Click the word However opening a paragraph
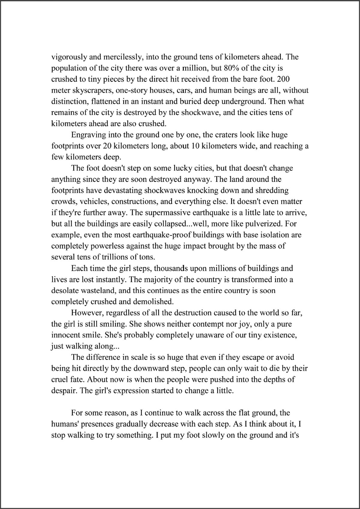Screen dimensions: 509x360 87,313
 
